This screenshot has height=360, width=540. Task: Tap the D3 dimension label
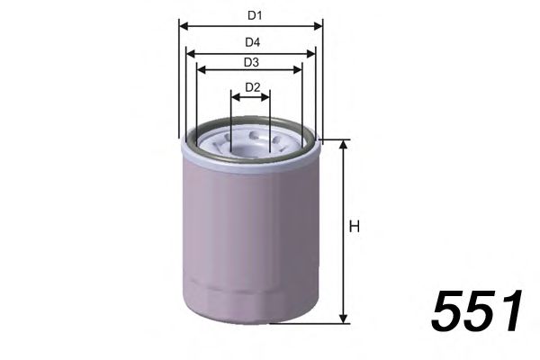251,63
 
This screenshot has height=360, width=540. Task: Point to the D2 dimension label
251,87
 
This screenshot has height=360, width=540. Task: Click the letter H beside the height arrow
355,227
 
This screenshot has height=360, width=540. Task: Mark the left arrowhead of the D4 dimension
190,54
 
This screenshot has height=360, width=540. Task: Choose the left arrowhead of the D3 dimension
200,70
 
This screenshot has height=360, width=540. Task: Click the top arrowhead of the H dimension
343,144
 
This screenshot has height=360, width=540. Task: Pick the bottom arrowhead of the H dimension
343,319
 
